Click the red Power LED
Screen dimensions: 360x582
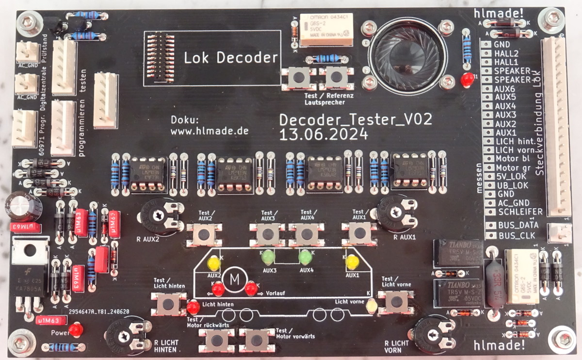click(x=75, y=330)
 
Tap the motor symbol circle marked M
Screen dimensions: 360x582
click(x=235, y=279)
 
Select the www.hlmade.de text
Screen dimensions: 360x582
click(x=210, y=131)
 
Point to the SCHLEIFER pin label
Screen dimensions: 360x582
click(x=519, y=212)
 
